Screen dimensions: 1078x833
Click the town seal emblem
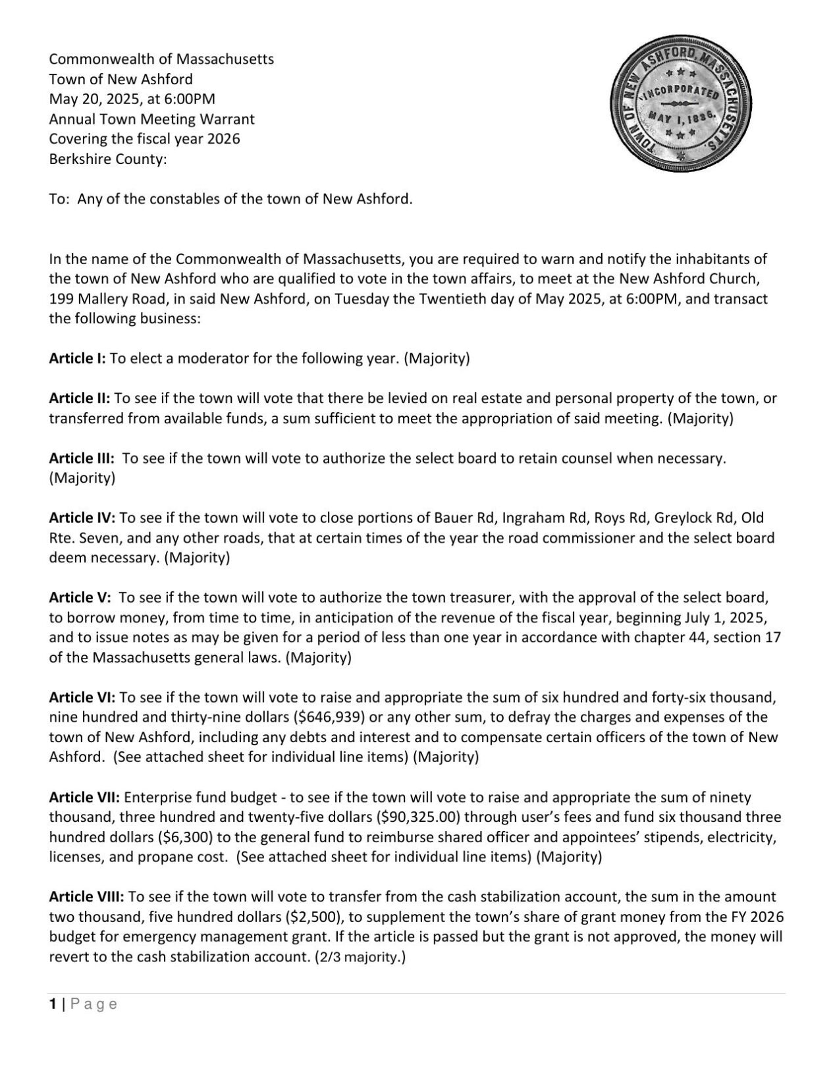coord(682,106)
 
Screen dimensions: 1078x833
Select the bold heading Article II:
coord(80,398)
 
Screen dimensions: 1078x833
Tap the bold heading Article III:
coord(82,458)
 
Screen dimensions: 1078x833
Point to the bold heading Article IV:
coord(82,518)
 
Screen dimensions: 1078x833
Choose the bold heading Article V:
coord(80,598)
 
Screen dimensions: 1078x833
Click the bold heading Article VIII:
coord(86,897)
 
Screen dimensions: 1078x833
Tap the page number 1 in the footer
coord(53,1004)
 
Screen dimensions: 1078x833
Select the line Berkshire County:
coord(107,159)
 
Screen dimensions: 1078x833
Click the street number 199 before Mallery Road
coord(61,299)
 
